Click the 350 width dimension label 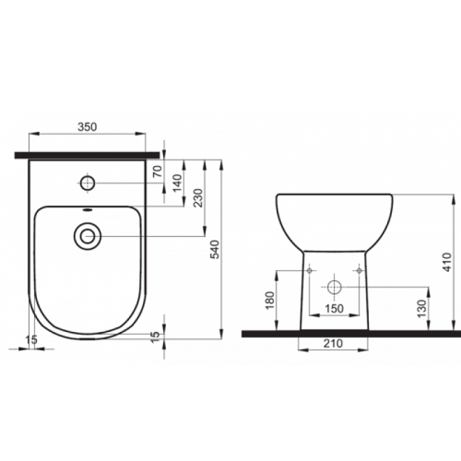coord(88,127)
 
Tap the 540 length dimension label coord(215,250)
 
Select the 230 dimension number coord(198,198)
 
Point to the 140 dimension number coord(177,183)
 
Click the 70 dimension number coord(158,171)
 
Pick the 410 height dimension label coord(447,262)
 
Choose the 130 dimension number coord(422,309)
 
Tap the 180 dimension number coord(270,300)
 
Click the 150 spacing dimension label coord(334,309)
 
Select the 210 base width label coord(333,343)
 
